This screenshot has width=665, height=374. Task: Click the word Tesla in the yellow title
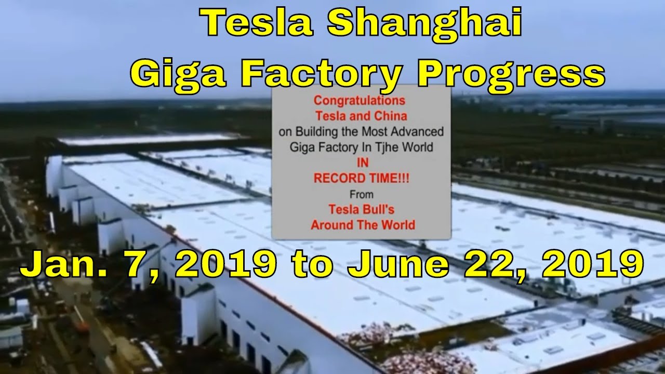click(x=257, y=22)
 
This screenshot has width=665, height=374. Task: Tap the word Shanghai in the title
click(x=424, y=22)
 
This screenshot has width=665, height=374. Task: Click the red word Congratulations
click(x=360, y=100)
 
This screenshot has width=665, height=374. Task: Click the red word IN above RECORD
click(x=363, y=163)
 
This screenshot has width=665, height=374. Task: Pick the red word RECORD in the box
click(x=340, y=178)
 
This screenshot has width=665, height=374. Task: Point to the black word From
click(x=362, y=194)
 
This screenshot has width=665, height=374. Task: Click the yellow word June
click(x=398, y=264)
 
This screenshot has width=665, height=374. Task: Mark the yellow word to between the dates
click(x=312, y=265)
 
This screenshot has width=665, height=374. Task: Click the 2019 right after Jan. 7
click(x=226, y=264)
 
